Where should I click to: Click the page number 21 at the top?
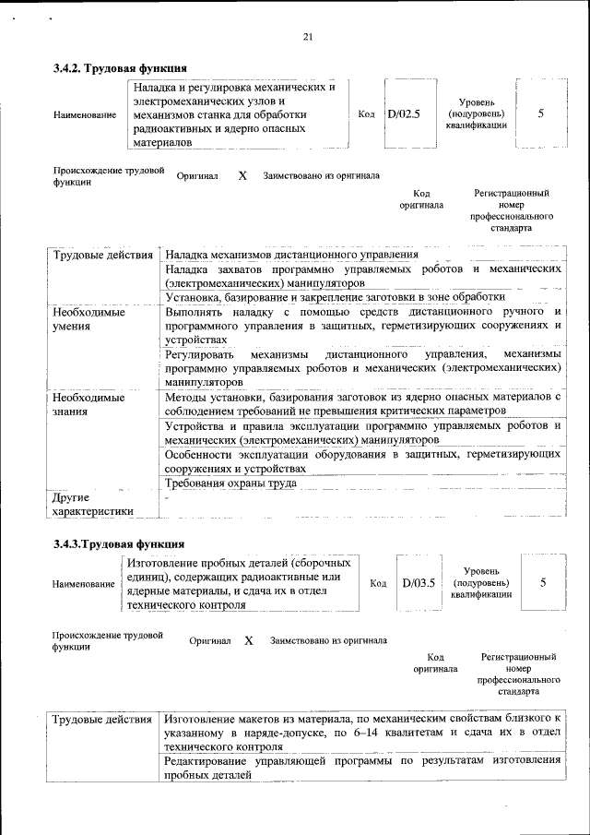pos(308,37)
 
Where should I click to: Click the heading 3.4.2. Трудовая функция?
pos(121,68)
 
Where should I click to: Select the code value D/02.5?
pos(404,114)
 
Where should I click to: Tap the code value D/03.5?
pos(418,583)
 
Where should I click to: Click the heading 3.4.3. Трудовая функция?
pos(119,543)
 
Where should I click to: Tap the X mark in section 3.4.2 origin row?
pos(242,175)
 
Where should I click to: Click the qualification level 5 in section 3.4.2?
pos(540,113)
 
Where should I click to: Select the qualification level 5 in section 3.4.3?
pos(543,583)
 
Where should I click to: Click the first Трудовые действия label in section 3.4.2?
pos(102,255)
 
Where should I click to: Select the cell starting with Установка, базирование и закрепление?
pos(335,297)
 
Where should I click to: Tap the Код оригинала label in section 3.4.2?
pos(421,199)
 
